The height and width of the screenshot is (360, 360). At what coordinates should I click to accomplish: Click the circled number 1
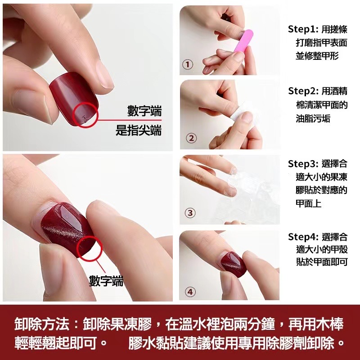(x=188, y=64)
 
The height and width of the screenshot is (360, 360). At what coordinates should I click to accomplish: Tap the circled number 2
(x=191, y=139)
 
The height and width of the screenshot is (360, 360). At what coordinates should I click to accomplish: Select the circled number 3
(x=190, y=213)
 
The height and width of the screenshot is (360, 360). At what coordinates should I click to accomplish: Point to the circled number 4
(x=190, y=292)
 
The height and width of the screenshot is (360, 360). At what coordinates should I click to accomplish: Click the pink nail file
(x=243, y=41)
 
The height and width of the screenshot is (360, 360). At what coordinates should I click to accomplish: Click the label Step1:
(x=303, y=29)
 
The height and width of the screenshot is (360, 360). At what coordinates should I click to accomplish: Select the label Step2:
(x=303, y=91)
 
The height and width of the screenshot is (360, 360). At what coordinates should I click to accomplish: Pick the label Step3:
(x=303, y=164)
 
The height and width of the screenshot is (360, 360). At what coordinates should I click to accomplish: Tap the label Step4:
(x=303, y=237)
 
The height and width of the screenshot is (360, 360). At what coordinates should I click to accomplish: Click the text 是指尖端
(x=139, y=130)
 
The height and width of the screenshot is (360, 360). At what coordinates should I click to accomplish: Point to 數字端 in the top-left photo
(x=144, y=111)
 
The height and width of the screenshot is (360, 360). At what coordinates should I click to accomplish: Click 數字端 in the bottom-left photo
(x=106, y=281)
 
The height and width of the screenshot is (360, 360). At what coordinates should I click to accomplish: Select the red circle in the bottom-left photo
(x=77, y=248)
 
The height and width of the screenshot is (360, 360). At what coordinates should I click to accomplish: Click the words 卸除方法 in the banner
(x=42, y=324)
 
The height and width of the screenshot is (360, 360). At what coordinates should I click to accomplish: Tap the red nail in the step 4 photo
(x=233, y=264)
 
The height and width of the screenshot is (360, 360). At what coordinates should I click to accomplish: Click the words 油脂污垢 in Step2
(x=313, y=119)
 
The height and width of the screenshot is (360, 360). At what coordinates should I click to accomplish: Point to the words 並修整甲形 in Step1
(x=317, y=56)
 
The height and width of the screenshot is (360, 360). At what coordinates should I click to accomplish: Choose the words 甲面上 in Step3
(x=309, y=204)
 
